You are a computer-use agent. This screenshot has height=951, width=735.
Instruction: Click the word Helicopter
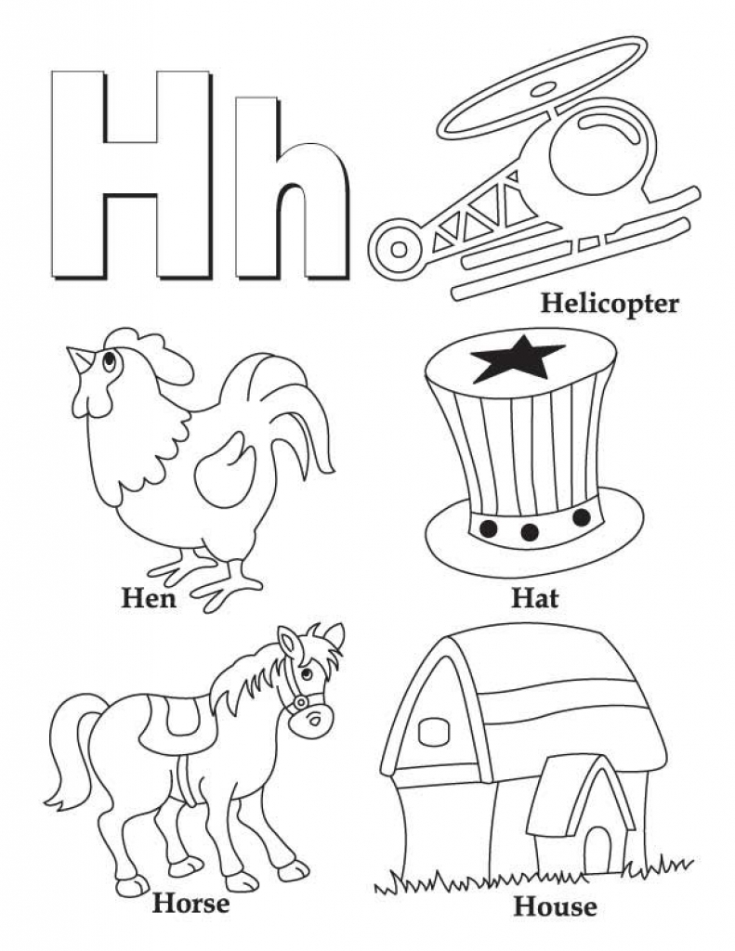pos(610,304)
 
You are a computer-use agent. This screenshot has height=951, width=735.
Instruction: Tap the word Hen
pos(150,599)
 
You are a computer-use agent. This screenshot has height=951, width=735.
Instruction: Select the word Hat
pos(534,599)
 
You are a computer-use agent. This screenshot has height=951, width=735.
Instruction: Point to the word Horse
pos(190,904)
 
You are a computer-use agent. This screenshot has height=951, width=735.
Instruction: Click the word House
pos(556,907)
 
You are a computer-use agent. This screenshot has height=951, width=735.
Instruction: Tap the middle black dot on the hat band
pos(530,532)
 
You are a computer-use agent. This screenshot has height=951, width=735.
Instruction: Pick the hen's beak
pos(80,359)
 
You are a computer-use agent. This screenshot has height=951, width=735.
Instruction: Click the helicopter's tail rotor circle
pos(399,249)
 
